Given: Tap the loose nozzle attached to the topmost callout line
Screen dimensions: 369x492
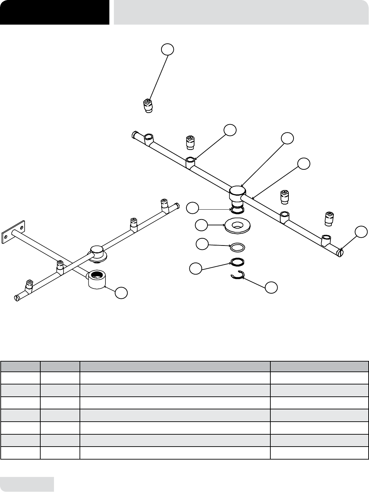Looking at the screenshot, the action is coord(147,106).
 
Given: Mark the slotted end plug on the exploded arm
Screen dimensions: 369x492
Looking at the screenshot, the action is coord(340,253).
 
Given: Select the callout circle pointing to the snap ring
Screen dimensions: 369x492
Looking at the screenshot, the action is coord(271,287).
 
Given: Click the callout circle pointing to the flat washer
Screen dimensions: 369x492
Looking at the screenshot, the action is coord(201,225).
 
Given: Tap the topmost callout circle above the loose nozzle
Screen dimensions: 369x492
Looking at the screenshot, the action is coord(167,49).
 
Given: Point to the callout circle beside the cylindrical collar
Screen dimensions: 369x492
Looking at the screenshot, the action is coord(122,293).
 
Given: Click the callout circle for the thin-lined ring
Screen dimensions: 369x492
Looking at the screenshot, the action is coord(202,244).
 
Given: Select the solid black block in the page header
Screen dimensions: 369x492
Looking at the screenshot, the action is coord(55,12).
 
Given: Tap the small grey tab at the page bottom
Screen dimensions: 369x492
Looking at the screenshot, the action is coord(27,484).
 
